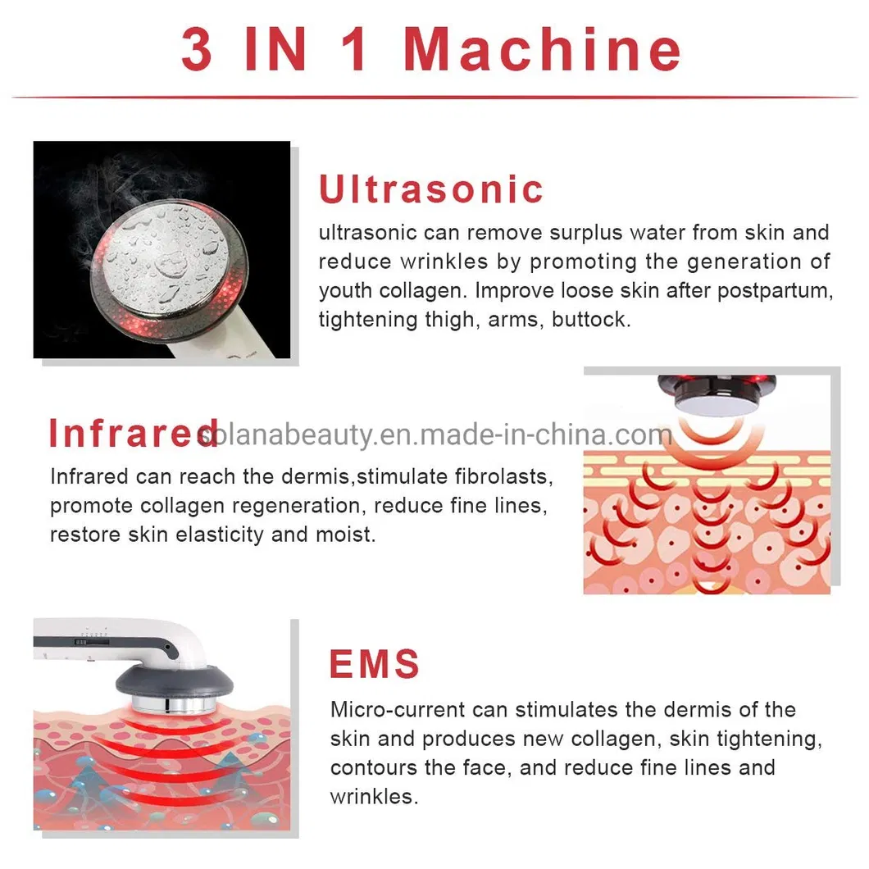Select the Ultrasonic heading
(431, 189)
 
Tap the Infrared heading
(131, 433)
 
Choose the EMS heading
(375, 663)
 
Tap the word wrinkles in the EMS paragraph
(373, 796)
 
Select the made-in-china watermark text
(434, 434)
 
